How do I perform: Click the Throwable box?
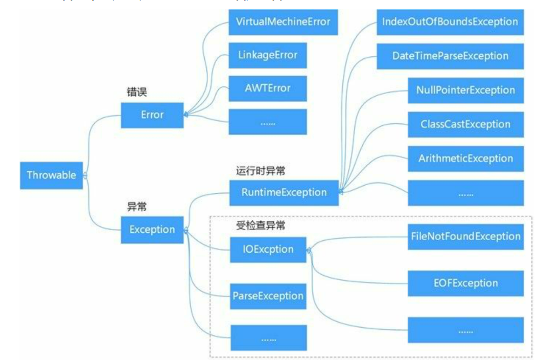(51, 175)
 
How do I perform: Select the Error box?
(152, 115)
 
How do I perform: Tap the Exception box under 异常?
(152, 230)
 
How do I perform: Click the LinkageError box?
(268, 55)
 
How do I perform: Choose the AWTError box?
(268, 88)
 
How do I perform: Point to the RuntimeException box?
(284, 192)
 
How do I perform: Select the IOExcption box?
(268, 250)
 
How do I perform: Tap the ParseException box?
(268, 296)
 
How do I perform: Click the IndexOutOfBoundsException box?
(450, 22)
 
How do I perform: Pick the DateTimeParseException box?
(450, 56)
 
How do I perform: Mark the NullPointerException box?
(465, 90)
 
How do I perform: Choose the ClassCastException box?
(465, 124)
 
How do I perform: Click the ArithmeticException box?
(465, 159)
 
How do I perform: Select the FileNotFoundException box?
(465, 236)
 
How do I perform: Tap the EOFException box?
(465, 283)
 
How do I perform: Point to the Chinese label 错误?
(137, 93)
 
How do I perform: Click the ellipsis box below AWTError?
(268, 122)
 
